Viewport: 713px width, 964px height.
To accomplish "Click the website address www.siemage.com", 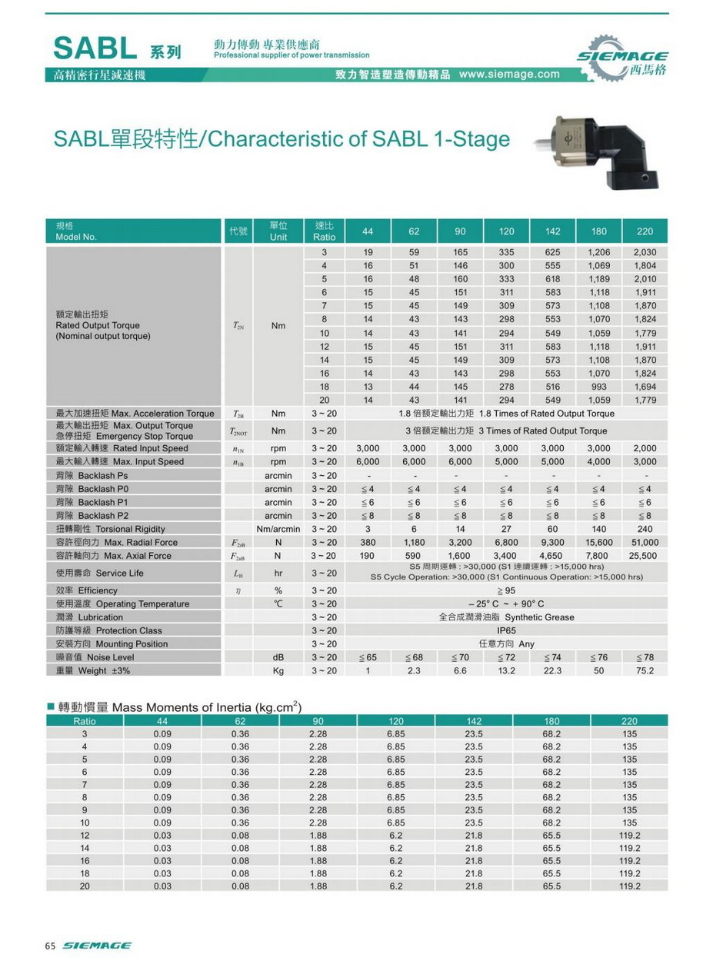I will coord(509,75).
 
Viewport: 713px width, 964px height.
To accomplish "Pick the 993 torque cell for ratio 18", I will coord(598,387).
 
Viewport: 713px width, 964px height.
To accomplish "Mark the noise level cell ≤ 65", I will coord(368,657).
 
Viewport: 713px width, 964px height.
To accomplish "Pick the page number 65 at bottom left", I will coord(52,945).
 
